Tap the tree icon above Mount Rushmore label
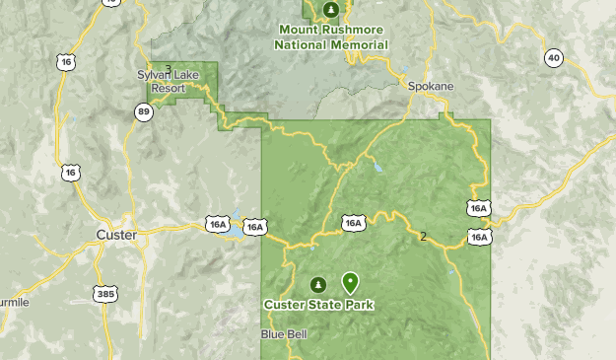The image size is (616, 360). pos(332,10)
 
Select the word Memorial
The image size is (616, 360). pos(360,44)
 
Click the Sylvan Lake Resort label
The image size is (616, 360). pos(163,81)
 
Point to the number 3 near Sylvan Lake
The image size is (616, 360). pos(169,69)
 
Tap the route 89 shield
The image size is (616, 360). pos(145,112)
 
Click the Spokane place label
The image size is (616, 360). pos(432,87)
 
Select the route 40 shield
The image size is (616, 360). pos(553,59)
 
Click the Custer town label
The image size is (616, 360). pos(116,235)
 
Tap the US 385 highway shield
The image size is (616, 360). pos(105,293)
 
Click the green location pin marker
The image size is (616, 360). pos(350,282)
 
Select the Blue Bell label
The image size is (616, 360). pos(284,334)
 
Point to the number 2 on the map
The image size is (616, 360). pos(424,237)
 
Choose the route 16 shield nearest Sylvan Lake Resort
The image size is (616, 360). pos(67,61)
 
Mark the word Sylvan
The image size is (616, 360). pos(155,74)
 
